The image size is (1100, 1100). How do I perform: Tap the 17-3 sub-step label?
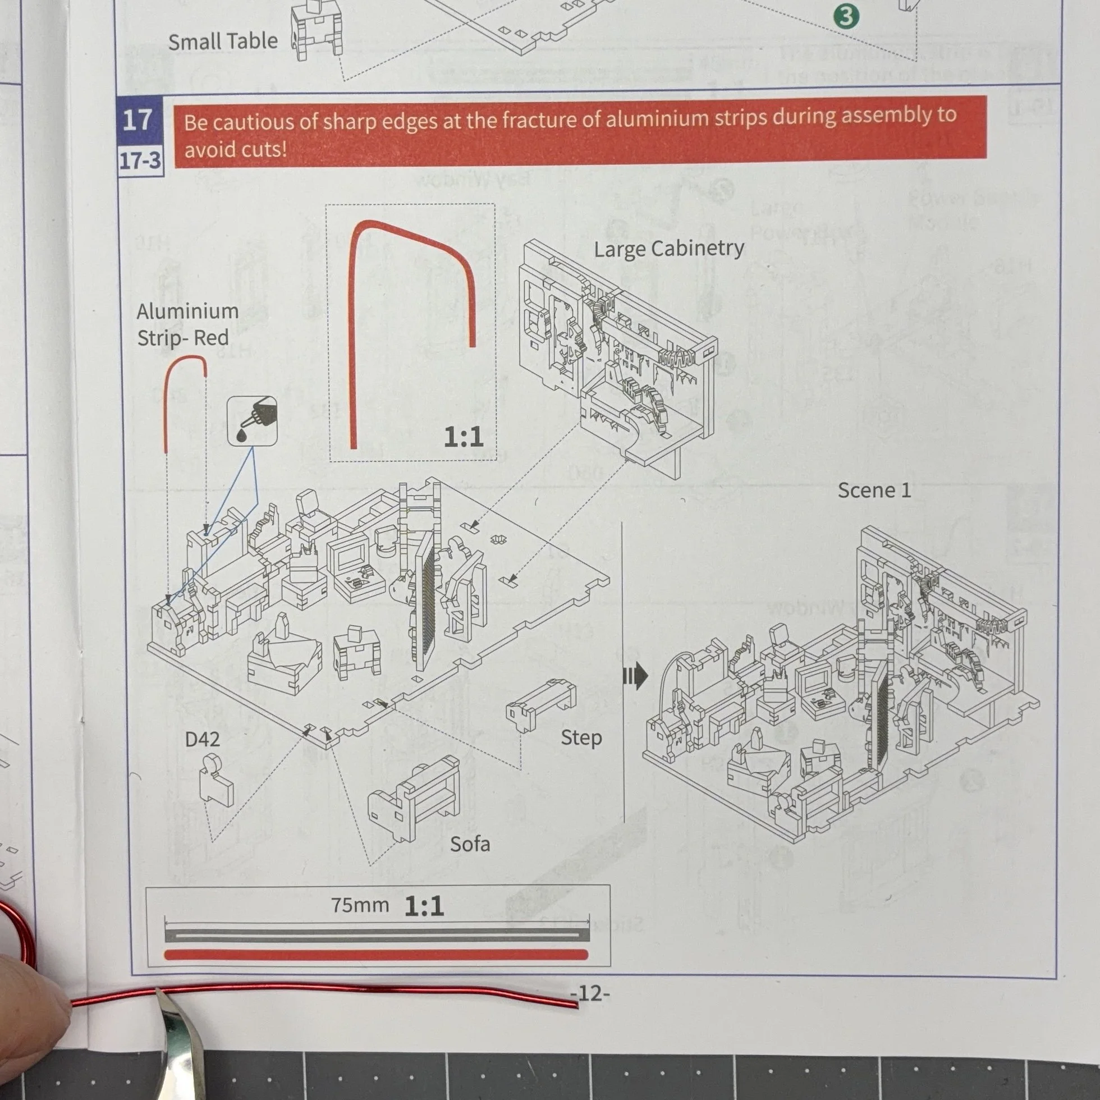coord(140,161)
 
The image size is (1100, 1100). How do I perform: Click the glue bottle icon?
coord(252,421)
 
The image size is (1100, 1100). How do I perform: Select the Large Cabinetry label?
coord(669,249)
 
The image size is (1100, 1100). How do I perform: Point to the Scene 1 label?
coord(874,490)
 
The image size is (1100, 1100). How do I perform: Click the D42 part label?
coord(202,739)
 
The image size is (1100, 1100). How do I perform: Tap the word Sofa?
coord(470,844)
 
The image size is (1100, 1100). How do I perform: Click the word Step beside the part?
coord(581,738)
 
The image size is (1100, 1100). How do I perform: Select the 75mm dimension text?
coord(360,905)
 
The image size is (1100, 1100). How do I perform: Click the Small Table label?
coord(223,42)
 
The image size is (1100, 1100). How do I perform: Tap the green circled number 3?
coord(846,16)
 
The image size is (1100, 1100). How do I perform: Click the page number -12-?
coord(590,993)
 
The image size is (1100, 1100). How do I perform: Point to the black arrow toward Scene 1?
coord(635,676)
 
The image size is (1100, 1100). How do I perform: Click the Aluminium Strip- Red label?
coord(187,324)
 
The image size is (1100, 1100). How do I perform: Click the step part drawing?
coord(540,704)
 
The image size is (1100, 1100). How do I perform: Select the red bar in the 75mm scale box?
coord(376,955)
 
